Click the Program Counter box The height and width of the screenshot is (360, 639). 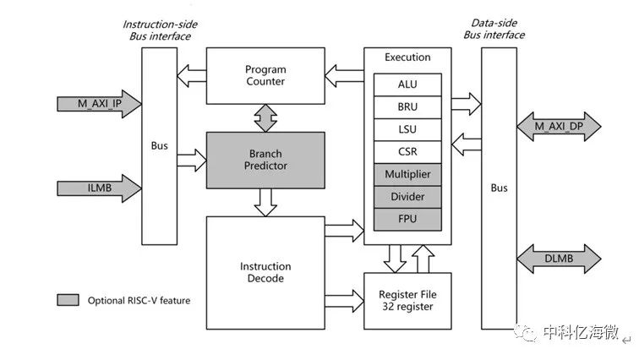click(265, 75)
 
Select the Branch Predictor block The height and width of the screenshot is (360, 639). click(265, 160)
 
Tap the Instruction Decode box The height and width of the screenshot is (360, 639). click(265, 272)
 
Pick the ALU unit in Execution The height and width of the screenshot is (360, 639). click(407, 85)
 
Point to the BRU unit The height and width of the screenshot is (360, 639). click(407, 107)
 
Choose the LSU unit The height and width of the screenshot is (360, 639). click(407, 129)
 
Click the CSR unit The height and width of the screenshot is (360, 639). click(407, 152)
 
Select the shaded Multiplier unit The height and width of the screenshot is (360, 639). click(407, 174)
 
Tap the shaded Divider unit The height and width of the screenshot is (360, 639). click(407, 197)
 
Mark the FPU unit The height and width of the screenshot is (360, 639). click(407, 219)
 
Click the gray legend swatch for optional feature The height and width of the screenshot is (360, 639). click(68, 300)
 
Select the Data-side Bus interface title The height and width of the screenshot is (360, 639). click(494, 29)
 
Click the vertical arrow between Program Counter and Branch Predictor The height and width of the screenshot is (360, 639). click(265, 117)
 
